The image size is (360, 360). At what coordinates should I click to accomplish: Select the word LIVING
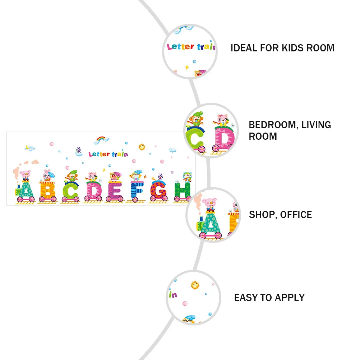click(x=316, y=125)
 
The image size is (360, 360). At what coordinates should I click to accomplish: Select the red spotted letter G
click(x=159, y=191)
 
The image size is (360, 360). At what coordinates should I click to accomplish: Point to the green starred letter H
click(x=182, y=191)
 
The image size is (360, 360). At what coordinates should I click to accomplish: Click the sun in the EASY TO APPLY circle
click(x=195, y=285)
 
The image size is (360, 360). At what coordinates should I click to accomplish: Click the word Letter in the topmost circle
click(x=181, y=47)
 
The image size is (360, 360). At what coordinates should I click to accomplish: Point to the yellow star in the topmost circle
click(x=187, y=67)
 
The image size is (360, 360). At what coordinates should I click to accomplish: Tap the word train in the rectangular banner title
click(x=120, y=154)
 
